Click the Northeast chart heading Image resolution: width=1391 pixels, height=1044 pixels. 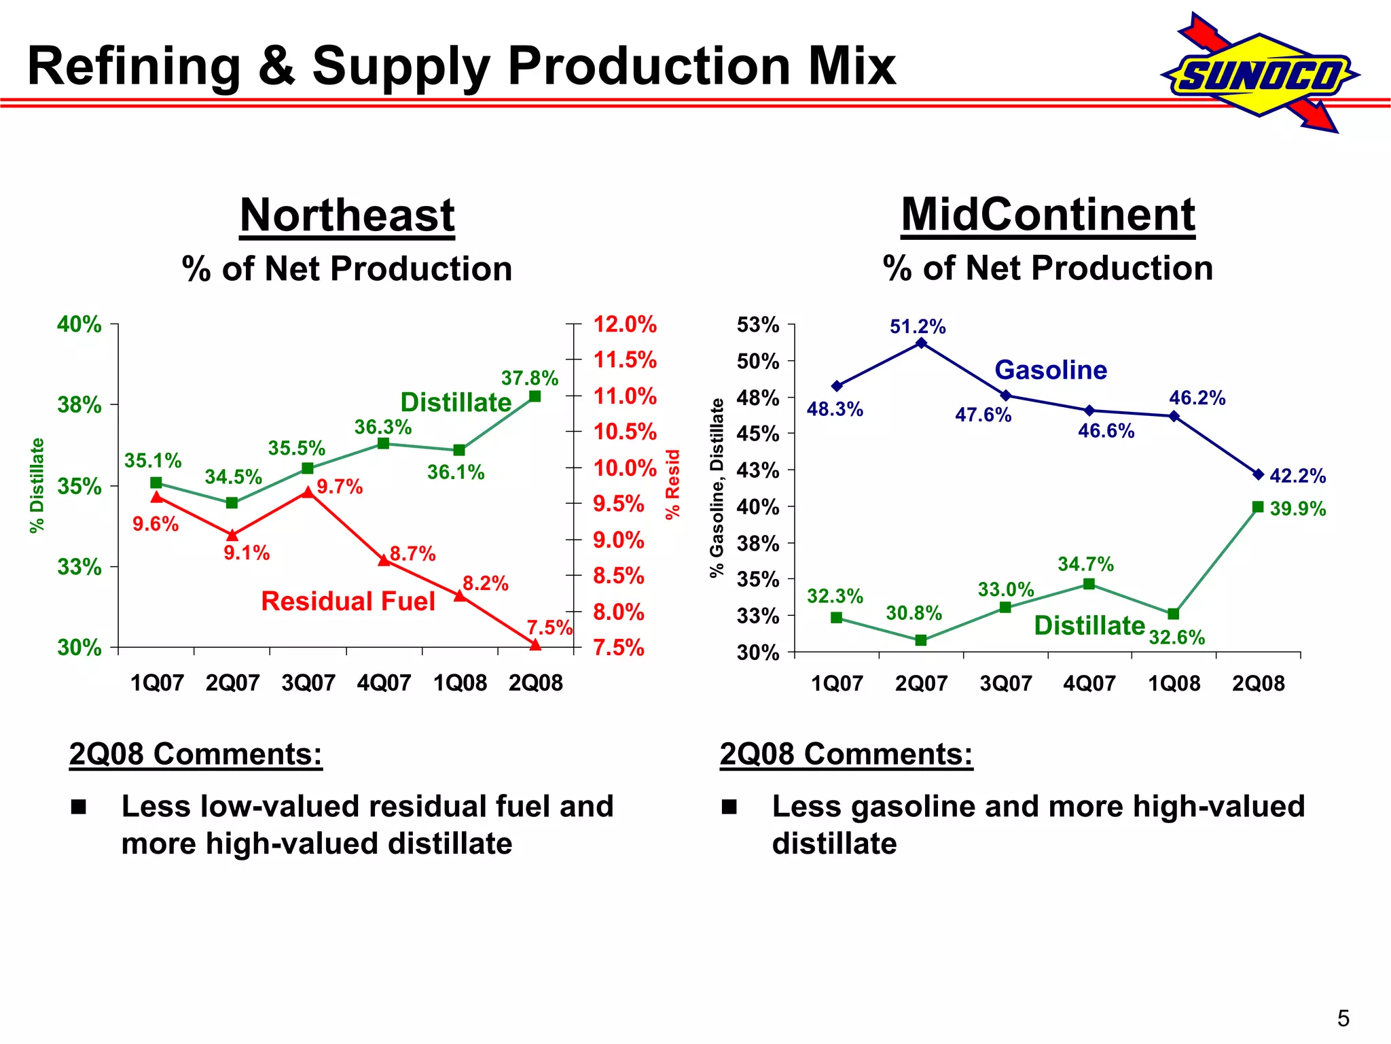coord(347,215)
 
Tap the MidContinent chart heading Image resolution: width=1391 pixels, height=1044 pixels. coord(1047,215)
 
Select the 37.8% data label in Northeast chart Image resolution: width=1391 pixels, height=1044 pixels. coord(529,378)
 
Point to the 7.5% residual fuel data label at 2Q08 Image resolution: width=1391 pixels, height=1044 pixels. coord(549,627)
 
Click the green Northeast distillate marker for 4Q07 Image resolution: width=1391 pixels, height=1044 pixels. coord(383,443)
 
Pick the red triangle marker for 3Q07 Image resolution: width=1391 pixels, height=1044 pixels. coord(308,491)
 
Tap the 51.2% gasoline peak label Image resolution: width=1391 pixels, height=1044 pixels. coord(918,327)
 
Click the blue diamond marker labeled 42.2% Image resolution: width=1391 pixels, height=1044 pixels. coord(1258,474)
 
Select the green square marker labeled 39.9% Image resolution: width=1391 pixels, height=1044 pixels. coord(1258,507)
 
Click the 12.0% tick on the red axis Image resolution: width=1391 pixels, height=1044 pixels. coord(625,324)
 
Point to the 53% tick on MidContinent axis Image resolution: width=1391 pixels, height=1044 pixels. coord(758,325)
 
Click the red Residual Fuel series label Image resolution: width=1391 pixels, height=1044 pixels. coord(348,602)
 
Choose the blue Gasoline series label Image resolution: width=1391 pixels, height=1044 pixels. coord(1051,370)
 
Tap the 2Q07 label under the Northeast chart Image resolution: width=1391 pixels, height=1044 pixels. coord(232,682)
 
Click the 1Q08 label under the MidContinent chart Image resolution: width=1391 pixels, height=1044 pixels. coord(1174,683)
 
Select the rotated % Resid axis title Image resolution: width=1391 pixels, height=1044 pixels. coord(672,484)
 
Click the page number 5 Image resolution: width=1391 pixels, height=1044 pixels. coord(1343,1018)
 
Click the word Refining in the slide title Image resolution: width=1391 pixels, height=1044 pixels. coord(134,67)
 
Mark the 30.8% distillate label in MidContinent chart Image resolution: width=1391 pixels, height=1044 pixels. coord(914,614)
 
